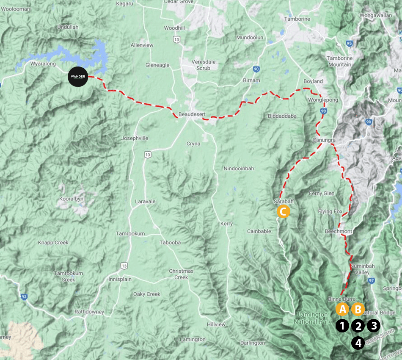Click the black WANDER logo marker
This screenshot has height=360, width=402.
[78, 77]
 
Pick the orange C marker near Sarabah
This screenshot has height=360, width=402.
[283, 211]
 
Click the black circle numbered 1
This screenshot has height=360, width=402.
[343, 326]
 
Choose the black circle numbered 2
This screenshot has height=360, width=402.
[358, 326]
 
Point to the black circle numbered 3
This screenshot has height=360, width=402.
[374, 326]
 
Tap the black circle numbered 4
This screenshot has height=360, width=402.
[358, 343]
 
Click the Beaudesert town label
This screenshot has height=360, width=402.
[189, 114]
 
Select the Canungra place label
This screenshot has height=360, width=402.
[324, 139]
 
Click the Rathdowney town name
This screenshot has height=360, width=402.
[89, 312]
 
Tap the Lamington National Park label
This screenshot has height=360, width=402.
[312, 318]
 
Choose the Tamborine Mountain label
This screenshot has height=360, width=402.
[339, 61]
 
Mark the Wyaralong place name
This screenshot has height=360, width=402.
[43, 64]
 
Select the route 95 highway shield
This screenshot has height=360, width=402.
[349, 43]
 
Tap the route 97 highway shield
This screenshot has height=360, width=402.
[372, 280]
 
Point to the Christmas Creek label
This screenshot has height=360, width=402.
[181, 274]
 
